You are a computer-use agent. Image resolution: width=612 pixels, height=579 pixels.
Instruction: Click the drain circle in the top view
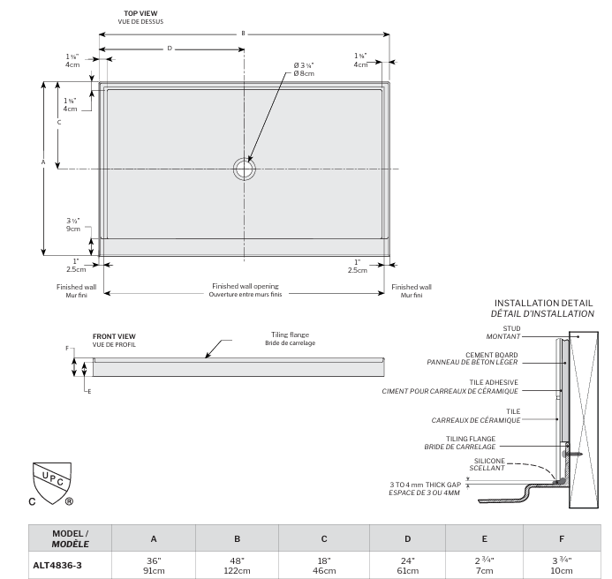click(x=245, y=169)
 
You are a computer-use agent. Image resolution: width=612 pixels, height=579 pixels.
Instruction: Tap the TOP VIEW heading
click(x=140, y=13)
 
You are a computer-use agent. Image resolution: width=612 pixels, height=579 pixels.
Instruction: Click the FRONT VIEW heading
click(x=114, y=336)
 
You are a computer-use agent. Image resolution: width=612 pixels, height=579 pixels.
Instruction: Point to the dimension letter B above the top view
click(x=243, y=34)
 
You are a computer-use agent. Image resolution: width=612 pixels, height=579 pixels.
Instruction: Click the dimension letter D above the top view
click(x=170, y=49)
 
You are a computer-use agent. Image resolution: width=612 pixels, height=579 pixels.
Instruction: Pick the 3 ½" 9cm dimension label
click(x=73, y=225)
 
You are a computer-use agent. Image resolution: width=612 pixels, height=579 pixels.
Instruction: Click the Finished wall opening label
click(x=246, y=286)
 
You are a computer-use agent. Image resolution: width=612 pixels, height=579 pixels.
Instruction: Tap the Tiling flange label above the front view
click(x=290, y=335)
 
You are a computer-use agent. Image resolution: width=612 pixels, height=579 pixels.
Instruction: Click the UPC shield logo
click(x=52, y=483)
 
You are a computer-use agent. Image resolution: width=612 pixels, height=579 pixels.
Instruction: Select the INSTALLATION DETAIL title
click(x=543, y=303)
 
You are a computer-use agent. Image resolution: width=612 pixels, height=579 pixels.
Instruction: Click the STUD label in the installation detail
click(x=511, y=328)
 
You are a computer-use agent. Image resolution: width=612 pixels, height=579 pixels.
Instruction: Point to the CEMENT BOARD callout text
click(x=491, y=355)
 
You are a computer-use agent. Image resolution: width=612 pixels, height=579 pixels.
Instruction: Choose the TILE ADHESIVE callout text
click(x=494, y=382)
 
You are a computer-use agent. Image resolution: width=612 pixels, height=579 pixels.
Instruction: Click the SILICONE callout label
click(x=489, y=461)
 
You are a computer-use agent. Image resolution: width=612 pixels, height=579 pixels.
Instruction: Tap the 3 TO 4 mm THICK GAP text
click(x=425, y=485)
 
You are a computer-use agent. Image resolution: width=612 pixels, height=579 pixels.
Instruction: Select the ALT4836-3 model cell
click(x=57, y=566)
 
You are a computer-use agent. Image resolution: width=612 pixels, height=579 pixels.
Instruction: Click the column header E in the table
click(x=484, y=538)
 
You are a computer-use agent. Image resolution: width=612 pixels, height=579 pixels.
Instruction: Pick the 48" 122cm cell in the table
click(x=237, y=566)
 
